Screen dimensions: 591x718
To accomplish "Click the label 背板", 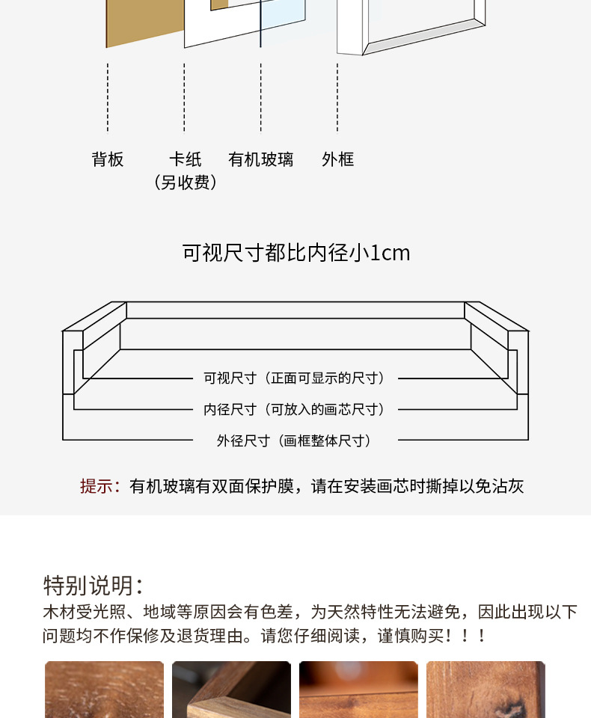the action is click(108, 159).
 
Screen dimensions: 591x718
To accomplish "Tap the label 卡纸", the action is click(185, 159).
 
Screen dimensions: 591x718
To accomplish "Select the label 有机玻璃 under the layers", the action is click(261, 159).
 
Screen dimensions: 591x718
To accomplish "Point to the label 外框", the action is click(337, 159).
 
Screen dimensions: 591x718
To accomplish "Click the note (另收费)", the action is click(185, 182).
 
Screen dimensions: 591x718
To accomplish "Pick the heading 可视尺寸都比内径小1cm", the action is click(296, 253).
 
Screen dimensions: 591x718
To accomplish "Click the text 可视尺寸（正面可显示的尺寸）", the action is click(295, 378).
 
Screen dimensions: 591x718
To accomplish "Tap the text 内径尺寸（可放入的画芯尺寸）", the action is click(295, 410).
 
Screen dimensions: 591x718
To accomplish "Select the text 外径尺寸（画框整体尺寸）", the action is click(295, 441).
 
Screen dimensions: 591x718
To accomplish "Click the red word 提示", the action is click(97, 487).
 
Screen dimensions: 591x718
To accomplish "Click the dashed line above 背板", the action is click(108, 97).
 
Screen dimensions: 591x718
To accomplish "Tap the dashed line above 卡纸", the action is click(185, 97).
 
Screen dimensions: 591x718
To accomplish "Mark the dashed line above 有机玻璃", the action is click(261, 97).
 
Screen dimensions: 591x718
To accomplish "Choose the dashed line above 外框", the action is click(337, 97).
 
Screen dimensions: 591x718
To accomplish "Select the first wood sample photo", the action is click(104, 690).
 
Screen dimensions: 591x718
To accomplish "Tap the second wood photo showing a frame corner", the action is click(231, 690).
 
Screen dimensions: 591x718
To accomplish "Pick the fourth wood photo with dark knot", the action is click(486, 690).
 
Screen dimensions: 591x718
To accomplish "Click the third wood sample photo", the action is click(358, 690).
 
